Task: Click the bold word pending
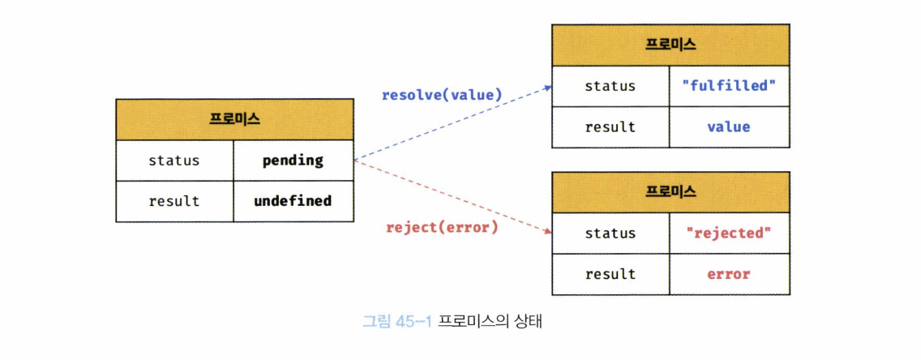[x=293, y=161]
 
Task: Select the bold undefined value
[x=293, y=200]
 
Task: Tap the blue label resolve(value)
[x=442, y=95]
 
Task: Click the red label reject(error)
[x=442, y=227]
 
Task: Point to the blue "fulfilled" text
[x=729, y=86]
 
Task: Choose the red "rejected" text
[x=729, y=234]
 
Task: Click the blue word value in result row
[x=729, y=126]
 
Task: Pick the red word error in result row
[x=729, y=274]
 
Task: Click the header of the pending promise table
[x=234, y=119]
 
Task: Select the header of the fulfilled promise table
[x=670, y=45]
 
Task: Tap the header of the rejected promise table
[x=670, y=192]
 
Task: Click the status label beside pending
[x=173, y=161]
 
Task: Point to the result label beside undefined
[x=173, y=200]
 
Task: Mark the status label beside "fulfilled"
[x=610, y=86]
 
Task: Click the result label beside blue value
[x=610, y=126]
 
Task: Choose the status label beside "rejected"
[x=610, y=234]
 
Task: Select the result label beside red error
[x=610, y=274]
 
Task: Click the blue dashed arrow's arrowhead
[x=548, y=85]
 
